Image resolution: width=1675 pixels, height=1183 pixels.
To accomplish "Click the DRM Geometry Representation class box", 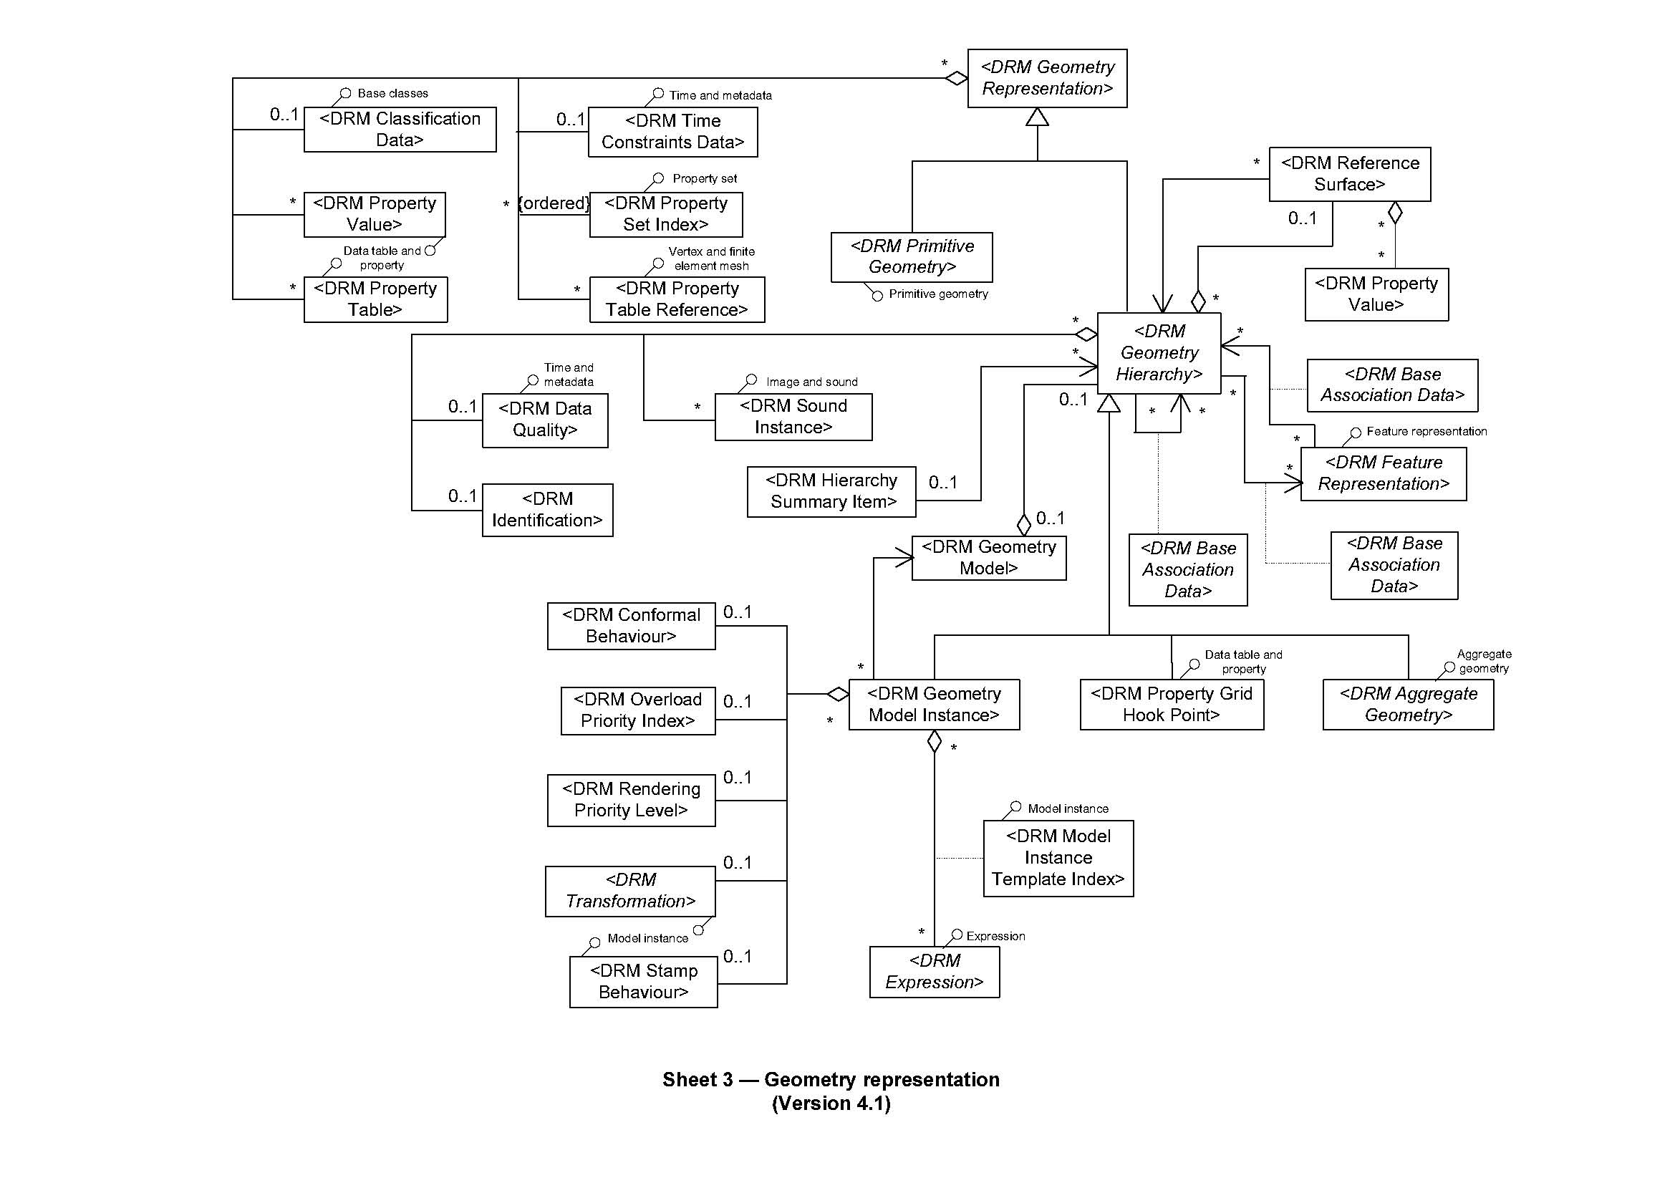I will coord(1047,78).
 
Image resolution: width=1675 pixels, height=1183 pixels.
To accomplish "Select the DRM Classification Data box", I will coord(400,130).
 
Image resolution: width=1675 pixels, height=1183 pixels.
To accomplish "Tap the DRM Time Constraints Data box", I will coord(672,132).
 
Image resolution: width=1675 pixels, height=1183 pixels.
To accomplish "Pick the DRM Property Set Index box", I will coord(665,214).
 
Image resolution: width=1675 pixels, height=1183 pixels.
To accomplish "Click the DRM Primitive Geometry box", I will coord(911,257).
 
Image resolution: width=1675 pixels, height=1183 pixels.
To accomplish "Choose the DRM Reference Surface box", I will coord(1350,174).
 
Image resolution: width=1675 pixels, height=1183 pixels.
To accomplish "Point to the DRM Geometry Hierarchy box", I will coord(1159,353).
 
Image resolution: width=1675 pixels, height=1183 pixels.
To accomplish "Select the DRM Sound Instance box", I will coord(793,417).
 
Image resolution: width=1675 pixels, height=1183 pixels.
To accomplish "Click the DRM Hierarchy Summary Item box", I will coord(831,491).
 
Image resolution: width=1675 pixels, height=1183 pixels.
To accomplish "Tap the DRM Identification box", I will coord(547,510).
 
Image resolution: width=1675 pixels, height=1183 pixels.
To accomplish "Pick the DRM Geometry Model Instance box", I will coord(934,705).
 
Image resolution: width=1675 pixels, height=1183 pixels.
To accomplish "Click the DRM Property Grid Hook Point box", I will coord(1171,705).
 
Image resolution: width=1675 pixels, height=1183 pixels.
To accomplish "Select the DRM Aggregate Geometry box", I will coord(1408,705).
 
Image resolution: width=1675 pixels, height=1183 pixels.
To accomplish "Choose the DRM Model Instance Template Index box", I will coord(1058,859).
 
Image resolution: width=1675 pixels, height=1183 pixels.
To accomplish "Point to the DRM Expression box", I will coord(934,972).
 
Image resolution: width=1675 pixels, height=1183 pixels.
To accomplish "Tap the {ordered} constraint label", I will coord(554,203).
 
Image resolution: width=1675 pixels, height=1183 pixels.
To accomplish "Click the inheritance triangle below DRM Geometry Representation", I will coord(1037,117).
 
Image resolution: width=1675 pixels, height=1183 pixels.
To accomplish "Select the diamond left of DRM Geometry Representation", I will coord(956,78).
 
